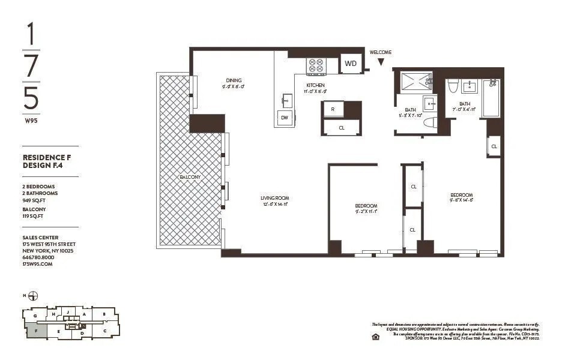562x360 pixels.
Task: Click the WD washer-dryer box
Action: click(x=350, y=63)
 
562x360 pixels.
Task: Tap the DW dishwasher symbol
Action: click(x=284, y=118)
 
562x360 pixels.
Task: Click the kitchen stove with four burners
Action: click(x=315, y=65)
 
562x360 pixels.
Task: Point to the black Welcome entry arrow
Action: click(x=380, y=61)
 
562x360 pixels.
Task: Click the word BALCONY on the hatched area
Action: click(x=189, y=178)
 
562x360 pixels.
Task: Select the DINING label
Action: click(x=234, y=80)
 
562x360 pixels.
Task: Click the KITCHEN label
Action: click(x=316, y=85)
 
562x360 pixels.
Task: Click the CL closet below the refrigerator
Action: click(x=341, y=128)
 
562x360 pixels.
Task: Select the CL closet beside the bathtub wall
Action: click(x=494, y=146)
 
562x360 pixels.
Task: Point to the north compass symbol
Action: click(x=33, y=296)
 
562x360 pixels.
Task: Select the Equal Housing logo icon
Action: click(x=375, y=337)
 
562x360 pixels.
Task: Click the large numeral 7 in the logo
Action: click(x=32, y=65)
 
